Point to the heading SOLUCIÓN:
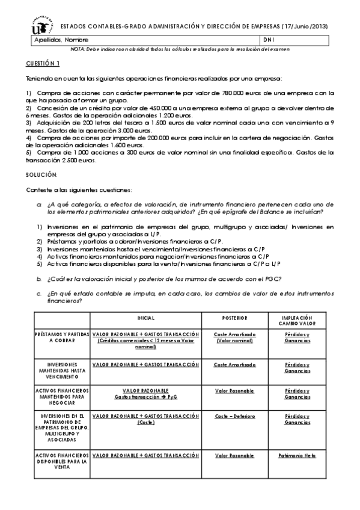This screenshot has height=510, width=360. coord(41,174)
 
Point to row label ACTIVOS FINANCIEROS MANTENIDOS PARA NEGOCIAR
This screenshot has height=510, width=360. coord(63,397)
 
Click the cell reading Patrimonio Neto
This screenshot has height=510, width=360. coord(297,456)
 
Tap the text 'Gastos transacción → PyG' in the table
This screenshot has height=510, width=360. coord(145,397)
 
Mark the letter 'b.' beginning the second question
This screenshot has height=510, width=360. coord(39,278)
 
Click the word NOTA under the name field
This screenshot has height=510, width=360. coord(78,49)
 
